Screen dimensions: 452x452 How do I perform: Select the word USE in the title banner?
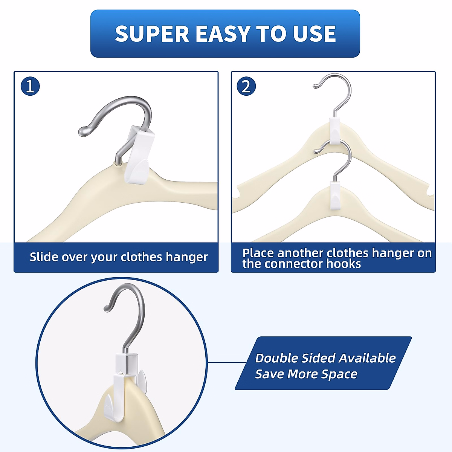(314, 34)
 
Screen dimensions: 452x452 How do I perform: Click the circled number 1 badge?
(30, 86)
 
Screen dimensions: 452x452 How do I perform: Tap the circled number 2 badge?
(246, 86)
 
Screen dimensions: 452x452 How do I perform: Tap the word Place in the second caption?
(258, 253)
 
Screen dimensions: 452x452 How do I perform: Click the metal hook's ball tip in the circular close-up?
(107, 308)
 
